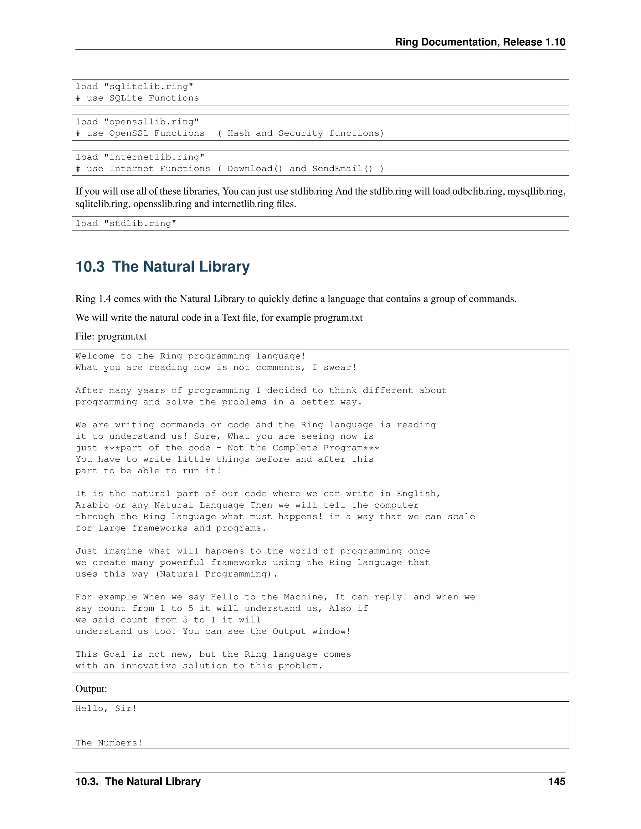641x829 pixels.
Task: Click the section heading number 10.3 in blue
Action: (90, 267)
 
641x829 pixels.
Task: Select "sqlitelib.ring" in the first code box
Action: (148, 87)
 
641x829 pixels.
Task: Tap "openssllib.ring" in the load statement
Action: (151, 122)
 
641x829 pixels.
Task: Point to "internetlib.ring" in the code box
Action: (154, 157)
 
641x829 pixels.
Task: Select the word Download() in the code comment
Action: (255, 169)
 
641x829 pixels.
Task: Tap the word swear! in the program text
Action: (340, 368)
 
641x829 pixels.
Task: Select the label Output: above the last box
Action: (91, 689)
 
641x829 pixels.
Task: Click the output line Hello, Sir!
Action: (106, 708)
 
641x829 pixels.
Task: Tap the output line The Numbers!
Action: (109, 743)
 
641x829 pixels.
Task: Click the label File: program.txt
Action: (111, 336)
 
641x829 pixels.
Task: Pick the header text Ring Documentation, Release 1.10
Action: (480, 42)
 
